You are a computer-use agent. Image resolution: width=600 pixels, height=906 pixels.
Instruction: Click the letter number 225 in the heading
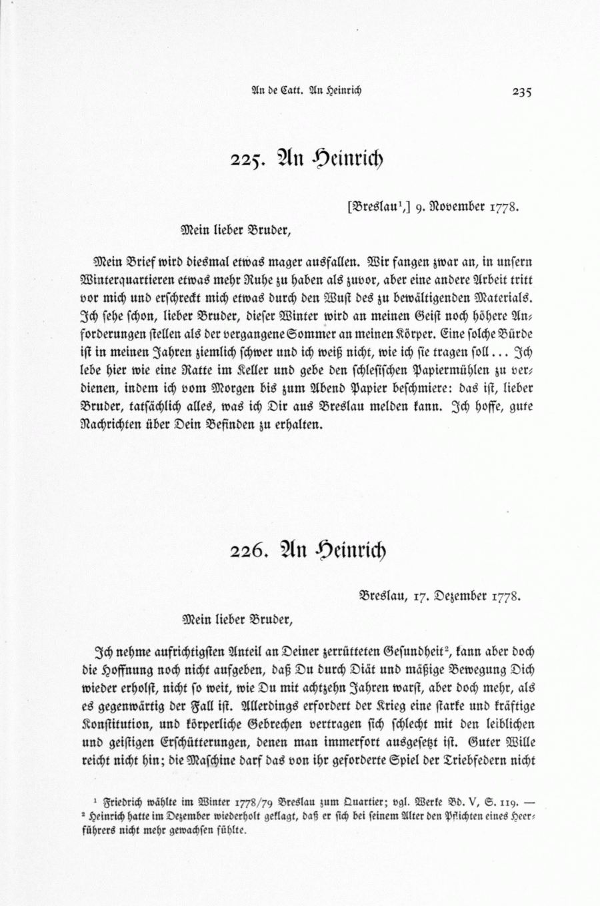click(249, 161)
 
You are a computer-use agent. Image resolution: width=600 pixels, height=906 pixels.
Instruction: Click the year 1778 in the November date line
click(505, 207)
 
